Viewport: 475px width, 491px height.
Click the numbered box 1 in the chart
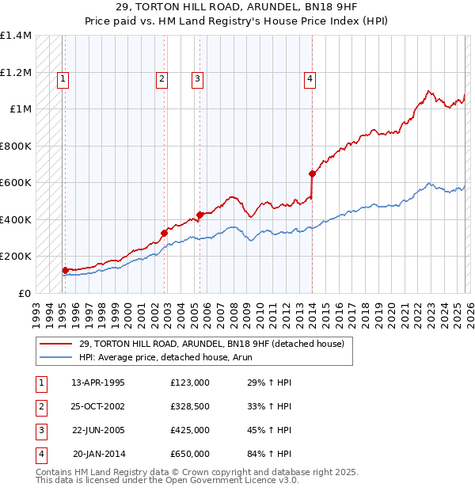[63, 78]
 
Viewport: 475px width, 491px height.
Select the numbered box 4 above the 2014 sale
[310, 78]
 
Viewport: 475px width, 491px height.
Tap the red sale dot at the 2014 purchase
[312, 173]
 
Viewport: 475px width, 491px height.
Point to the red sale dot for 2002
[164, 233]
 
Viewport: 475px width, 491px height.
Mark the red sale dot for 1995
[65, 270]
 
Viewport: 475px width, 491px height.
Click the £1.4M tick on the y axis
[16, 36]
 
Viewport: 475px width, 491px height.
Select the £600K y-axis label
[16, 183]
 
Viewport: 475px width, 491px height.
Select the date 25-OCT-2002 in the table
[100, 406]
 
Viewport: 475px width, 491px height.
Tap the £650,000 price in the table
[190, 454]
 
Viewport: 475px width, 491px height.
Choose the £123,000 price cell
[190, 383]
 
